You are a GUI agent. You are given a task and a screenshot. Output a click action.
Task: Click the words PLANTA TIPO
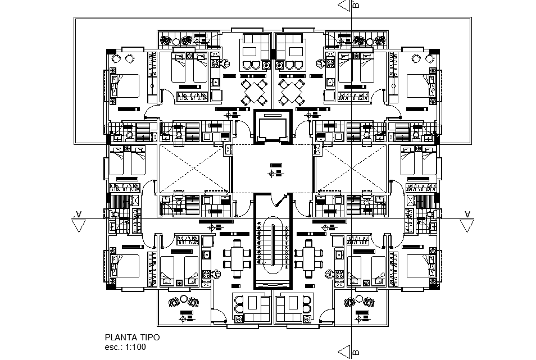point(132,337)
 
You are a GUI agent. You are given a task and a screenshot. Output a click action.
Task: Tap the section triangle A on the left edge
point(79,224)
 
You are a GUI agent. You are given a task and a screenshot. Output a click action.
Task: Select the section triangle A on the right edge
point(466,224)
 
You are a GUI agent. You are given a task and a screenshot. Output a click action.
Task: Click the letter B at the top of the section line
point(355,6)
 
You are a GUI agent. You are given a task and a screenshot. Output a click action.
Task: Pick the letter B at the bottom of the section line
point(355,353)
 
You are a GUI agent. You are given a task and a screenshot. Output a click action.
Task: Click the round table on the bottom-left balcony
point(183,302)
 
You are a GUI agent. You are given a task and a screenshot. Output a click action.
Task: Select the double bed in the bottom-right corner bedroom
point(418,267)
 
